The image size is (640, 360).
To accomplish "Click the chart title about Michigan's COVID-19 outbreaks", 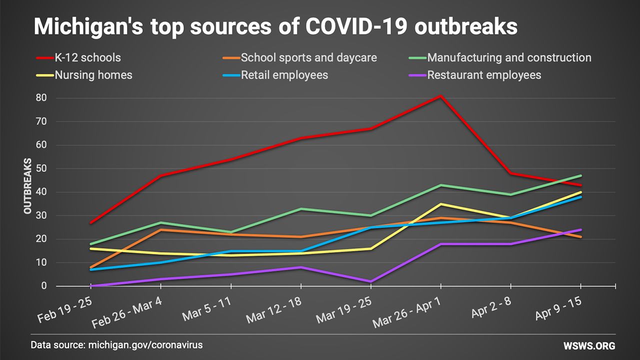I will click(275, 26).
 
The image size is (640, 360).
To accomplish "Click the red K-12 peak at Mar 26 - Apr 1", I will click(440, 95).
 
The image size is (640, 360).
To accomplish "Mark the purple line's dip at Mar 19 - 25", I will click(370, 281).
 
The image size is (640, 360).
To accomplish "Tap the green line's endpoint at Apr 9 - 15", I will click(580, 175).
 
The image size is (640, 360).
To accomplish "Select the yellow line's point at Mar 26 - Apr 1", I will click(440, 204).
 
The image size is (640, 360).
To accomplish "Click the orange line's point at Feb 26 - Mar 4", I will click(160, 229).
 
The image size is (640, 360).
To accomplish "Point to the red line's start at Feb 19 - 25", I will click(90, 223).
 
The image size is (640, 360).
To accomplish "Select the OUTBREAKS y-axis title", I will click(28, 186).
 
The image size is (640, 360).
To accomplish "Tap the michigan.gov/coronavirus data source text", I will click(145, 345).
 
